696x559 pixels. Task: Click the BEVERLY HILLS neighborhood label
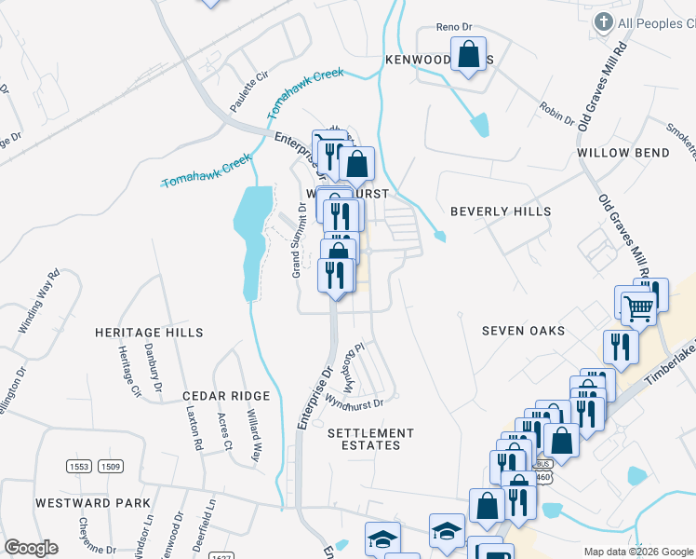click(x=501, y=211)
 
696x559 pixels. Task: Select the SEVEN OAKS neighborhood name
click(x=523, y=331)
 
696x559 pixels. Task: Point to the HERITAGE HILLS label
click(x=149, y=332)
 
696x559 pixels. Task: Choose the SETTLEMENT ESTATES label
click(x=370, y=439)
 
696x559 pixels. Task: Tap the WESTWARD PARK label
click(x=93, y=503)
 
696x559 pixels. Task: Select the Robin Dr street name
click(x=556, y=114)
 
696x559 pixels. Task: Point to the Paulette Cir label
click(x=249, y=78)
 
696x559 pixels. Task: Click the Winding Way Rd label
click(x=39, y=302)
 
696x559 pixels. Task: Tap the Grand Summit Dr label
click(x=298, y=239)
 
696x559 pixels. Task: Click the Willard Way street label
click(x=252, y=434)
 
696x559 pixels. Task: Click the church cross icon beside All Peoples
click(x=604, y=22)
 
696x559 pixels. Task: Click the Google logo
click(x=31, y=547)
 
